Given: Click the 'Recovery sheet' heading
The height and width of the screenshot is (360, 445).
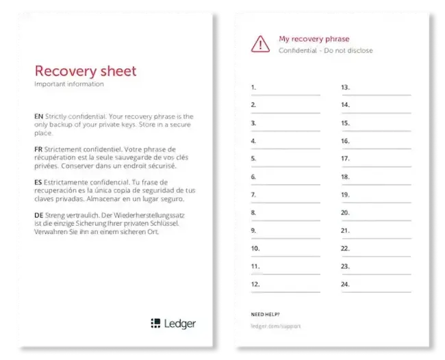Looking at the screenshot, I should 86,71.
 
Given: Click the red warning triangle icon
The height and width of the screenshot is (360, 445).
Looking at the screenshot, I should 260,44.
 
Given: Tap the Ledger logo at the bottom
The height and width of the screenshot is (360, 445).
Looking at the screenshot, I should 173,324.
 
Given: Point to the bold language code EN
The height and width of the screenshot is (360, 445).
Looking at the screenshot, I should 38,116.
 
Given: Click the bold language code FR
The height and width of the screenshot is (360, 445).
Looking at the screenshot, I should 38,149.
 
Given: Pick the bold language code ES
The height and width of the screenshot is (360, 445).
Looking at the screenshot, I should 38,182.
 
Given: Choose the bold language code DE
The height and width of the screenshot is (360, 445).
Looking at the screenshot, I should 38,215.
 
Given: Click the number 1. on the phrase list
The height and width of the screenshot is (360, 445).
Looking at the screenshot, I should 253,88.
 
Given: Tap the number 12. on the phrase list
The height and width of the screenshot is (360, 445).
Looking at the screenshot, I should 255,283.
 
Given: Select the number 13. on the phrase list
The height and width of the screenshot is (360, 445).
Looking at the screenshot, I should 346,88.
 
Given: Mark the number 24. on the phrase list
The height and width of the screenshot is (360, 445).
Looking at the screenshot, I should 346,283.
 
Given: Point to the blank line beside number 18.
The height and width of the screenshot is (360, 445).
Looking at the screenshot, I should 381,183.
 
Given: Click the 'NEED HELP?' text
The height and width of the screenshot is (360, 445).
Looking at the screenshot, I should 266,314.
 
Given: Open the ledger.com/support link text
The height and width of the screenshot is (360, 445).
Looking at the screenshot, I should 276,326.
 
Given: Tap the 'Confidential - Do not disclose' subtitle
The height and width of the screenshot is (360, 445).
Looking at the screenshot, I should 326,51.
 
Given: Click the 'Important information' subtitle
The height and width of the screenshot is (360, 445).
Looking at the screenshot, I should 69,84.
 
